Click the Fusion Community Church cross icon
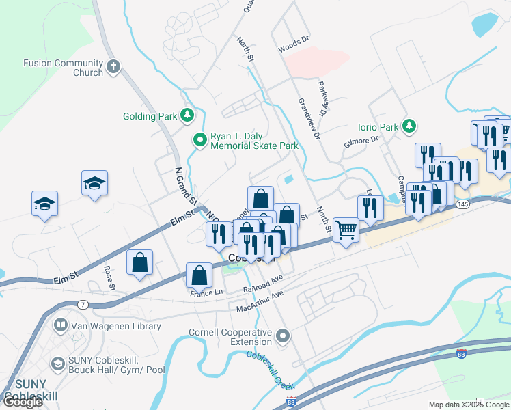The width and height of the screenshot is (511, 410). pyautogui.click(x=113, y=67)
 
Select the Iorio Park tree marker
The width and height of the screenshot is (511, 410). pyautogui.click(x=409, y=126)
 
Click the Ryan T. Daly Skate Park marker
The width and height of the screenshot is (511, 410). pyautogui.click(x=200, y=140)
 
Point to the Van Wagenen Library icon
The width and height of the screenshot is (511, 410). pyautogui.click(x=61, y=326)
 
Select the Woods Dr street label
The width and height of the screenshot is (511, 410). pyautogui.click(x=294, y=49)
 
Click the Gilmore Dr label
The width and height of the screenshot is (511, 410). pyautogui.click(x=362, y=140)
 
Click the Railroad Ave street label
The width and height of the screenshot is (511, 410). pyautogui.click(x=263, y=285)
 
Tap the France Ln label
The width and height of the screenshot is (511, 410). pyautogui.click(x=207, y=292)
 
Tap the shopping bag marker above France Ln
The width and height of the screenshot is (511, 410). pyautogui.click(x=199, y=275)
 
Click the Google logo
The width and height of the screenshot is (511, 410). pyautogui.click(x=22, y=401)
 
